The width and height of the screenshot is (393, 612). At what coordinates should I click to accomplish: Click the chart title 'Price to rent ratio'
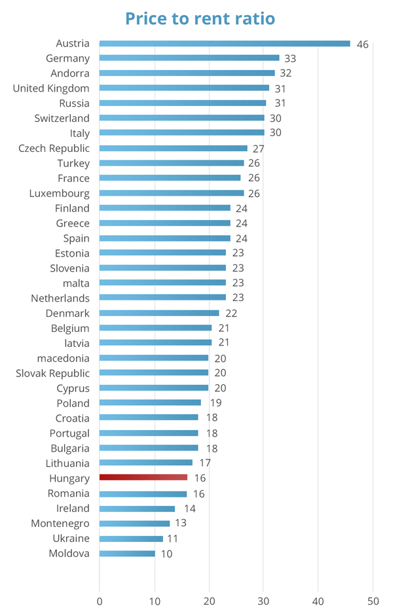point(200,18)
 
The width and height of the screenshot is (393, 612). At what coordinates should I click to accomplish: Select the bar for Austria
point(225,44)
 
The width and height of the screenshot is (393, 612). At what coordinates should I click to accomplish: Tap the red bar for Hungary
point(143,478)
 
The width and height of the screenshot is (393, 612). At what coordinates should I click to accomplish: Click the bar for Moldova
point(127,554)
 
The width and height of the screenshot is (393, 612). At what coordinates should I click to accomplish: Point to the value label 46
point(362,45)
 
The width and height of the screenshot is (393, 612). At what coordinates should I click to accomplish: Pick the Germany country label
point(67,58)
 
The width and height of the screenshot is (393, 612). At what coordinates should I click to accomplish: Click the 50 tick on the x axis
point(373,600)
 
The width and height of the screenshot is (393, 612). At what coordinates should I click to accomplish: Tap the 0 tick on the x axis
point(100,600)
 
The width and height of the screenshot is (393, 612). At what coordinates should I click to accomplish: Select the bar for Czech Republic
point(173,149)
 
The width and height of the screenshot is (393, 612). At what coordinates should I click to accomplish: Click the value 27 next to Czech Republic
point(258,149)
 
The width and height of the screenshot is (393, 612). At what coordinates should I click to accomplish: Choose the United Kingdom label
point(51,88)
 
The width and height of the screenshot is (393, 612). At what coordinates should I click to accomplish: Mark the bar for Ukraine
point(131,539)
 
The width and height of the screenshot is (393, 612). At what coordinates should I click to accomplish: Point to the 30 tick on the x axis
point(263,600)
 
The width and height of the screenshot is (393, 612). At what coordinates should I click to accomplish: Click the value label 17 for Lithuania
point(205,463)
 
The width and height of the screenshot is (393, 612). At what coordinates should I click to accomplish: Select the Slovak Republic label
point(52,373)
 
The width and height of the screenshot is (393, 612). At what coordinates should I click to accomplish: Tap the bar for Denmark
point(159,313)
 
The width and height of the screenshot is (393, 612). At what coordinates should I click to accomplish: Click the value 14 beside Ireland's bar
point(189,509)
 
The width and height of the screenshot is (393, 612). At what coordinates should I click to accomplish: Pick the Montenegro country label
point(60,523)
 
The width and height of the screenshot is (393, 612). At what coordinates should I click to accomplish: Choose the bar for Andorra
point(187,73)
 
